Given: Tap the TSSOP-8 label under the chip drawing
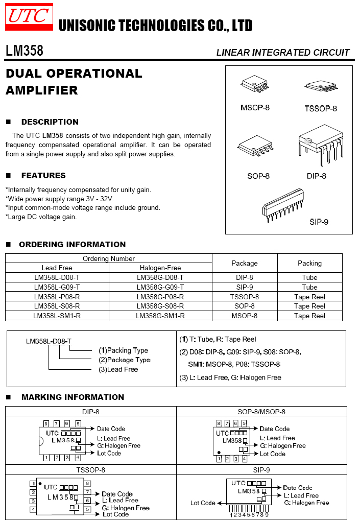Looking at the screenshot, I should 321,108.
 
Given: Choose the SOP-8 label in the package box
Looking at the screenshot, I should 258,176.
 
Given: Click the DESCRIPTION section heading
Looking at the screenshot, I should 50,122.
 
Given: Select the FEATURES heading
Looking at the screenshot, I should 43,176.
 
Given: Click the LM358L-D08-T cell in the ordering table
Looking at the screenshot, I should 57,277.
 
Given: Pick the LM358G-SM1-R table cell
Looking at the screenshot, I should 160,316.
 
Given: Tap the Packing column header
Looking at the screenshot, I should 309,264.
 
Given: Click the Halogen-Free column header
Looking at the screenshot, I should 160,268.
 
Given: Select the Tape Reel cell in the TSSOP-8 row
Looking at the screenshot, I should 309,297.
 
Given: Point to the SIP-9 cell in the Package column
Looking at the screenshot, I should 245,287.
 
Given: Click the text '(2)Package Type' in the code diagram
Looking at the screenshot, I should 125,360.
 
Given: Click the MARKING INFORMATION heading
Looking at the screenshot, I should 73,397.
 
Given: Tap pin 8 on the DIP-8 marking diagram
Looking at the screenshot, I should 46,424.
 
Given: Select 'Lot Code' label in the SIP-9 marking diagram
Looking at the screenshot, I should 203,503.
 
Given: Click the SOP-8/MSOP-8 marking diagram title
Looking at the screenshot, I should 261,412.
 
